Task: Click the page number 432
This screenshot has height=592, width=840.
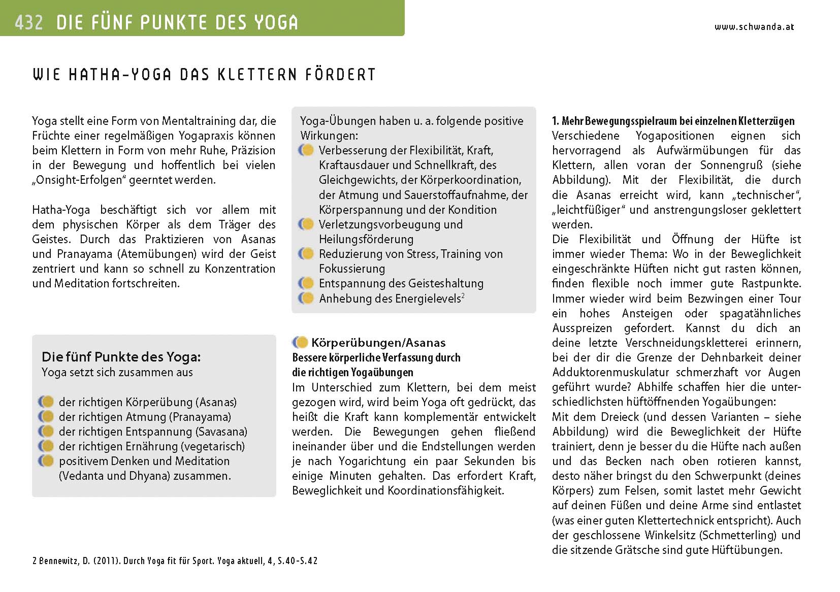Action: tap(28, 22)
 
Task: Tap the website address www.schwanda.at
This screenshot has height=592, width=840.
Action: tap(754, 27)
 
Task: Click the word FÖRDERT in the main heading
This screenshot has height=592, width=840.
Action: tap(340, 75)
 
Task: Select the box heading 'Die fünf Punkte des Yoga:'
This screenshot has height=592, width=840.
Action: tap(121, 357)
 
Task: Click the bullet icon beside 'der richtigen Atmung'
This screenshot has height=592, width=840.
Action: tap(46, 417)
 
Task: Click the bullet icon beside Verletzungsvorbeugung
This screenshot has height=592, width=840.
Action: tap(306, 224)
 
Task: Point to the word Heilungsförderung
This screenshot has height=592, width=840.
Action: tap(366, 239)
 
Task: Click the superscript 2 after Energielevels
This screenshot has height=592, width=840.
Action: tap(463, 296)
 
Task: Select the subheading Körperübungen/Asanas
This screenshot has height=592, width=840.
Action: tap(378, 343)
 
